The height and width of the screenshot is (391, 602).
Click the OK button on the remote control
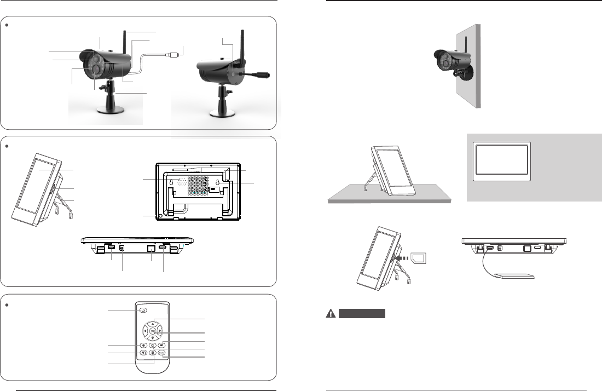coord(153,330)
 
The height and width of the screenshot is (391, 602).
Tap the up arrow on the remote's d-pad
coord(153,323)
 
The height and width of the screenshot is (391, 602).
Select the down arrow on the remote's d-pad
coord(153,338)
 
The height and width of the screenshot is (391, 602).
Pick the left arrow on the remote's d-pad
coord(145,330)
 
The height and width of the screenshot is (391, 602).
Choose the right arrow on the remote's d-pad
coord(160,330)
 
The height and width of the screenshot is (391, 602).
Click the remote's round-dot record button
coord(143,346)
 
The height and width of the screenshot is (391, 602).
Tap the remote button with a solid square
coord(163,346)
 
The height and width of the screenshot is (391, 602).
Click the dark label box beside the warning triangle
coord(362,314)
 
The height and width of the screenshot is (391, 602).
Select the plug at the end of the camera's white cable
coord(175,55)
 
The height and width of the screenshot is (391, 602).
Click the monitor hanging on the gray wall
coord(502,162)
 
